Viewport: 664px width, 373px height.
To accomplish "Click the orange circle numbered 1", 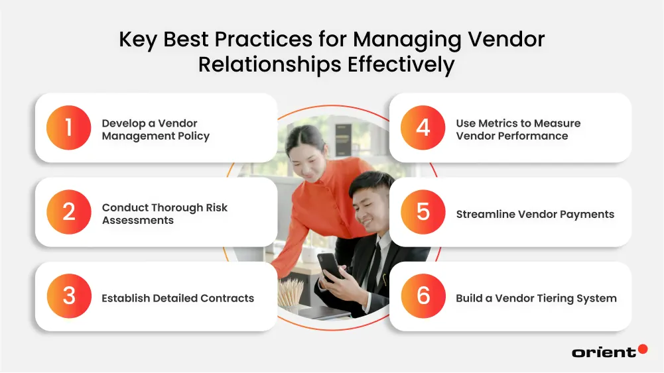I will (x=68, y=128).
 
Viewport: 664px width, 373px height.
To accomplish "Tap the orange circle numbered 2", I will (x=68, y=212).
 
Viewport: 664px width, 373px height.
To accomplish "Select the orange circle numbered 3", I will (x=68, y=296).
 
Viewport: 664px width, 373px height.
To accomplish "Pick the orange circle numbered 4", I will (x=423, y=128).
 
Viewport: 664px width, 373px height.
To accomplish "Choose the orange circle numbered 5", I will (x=423, y=212).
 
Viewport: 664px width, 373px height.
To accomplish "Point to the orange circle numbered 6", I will (x=423, y=296).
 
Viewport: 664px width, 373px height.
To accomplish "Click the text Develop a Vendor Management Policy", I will (x=155, y=130).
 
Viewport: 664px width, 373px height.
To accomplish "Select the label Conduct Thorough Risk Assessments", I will (x=165, y=213).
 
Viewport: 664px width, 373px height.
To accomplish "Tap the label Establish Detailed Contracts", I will (x=178, y=298).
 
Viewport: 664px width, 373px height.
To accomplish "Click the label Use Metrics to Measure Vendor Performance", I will (x=517, y=130).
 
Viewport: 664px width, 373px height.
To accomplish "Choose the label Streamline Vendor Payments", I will (x=535, y=214).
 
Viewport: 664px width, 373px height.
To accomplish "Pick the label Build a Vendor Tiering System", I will (x=536, y=298).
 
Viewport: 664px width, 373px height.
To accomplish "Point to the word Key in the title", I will (x=138, y=40).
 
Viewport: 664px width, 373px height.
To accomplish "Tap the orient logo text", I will (x=604, y=352).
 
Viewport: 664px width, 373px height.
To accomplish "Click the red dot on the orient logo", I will (x=642, y=349).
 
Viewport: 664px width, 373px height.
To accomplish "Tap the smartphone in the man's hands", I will (x=329, y=266).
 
